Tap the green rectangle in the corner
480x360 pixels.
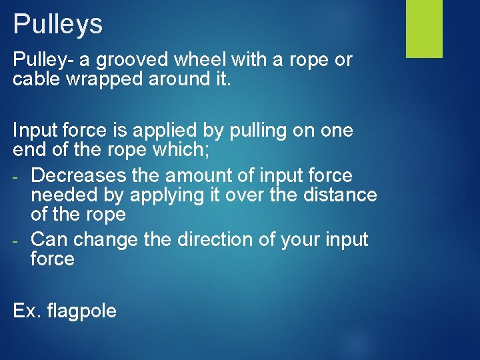[x=424, y=29]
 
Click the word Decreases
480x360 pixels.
[x=79, y=176]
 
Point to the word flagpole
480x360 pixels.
[x=83, y=311]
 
